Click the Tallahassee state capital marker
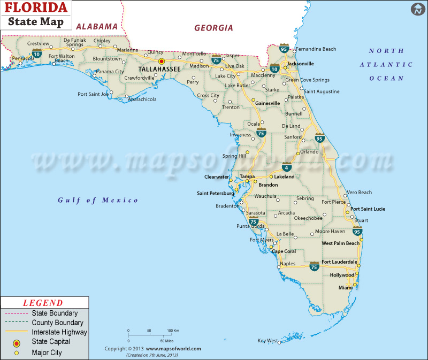[162, 62]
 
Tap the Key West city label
[267, 341]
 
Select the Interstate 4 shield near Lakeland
[287, 167]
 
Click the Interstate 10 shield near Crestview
[37, 53]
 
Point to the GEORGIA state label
[213, 28]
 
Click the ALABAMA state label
[96, 26]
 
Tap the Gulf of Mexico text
[98, 200]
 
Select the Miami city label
[345, 288]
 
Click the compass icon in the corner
[417, 9]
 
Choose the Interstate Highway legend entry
[59, 333]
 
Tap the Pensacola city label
[23, 58]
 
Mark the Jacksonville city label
[300, 63]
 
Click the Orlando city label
[309, 151]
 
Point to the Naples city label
[288, 264]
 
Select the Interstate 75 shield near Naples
[315, 266]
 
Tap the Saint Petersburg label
[216, 193]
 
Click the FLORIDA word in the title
[37, 9]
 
